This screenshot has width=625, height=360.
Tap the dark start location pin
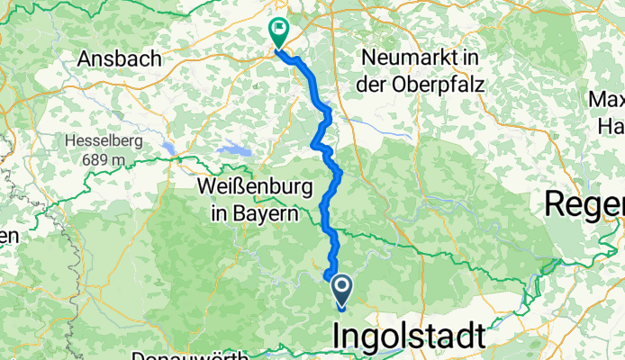[x=343, y=290]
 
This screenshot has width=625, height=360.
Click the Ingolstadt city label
[x=410, y=337]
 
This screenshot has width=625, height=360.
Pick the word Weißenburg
[x=255, y=188]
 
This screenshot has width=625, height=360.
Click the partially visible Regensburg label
[x=584, y=204]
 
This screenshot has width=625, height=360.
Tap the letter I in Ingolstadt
[x=339, y=337]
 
